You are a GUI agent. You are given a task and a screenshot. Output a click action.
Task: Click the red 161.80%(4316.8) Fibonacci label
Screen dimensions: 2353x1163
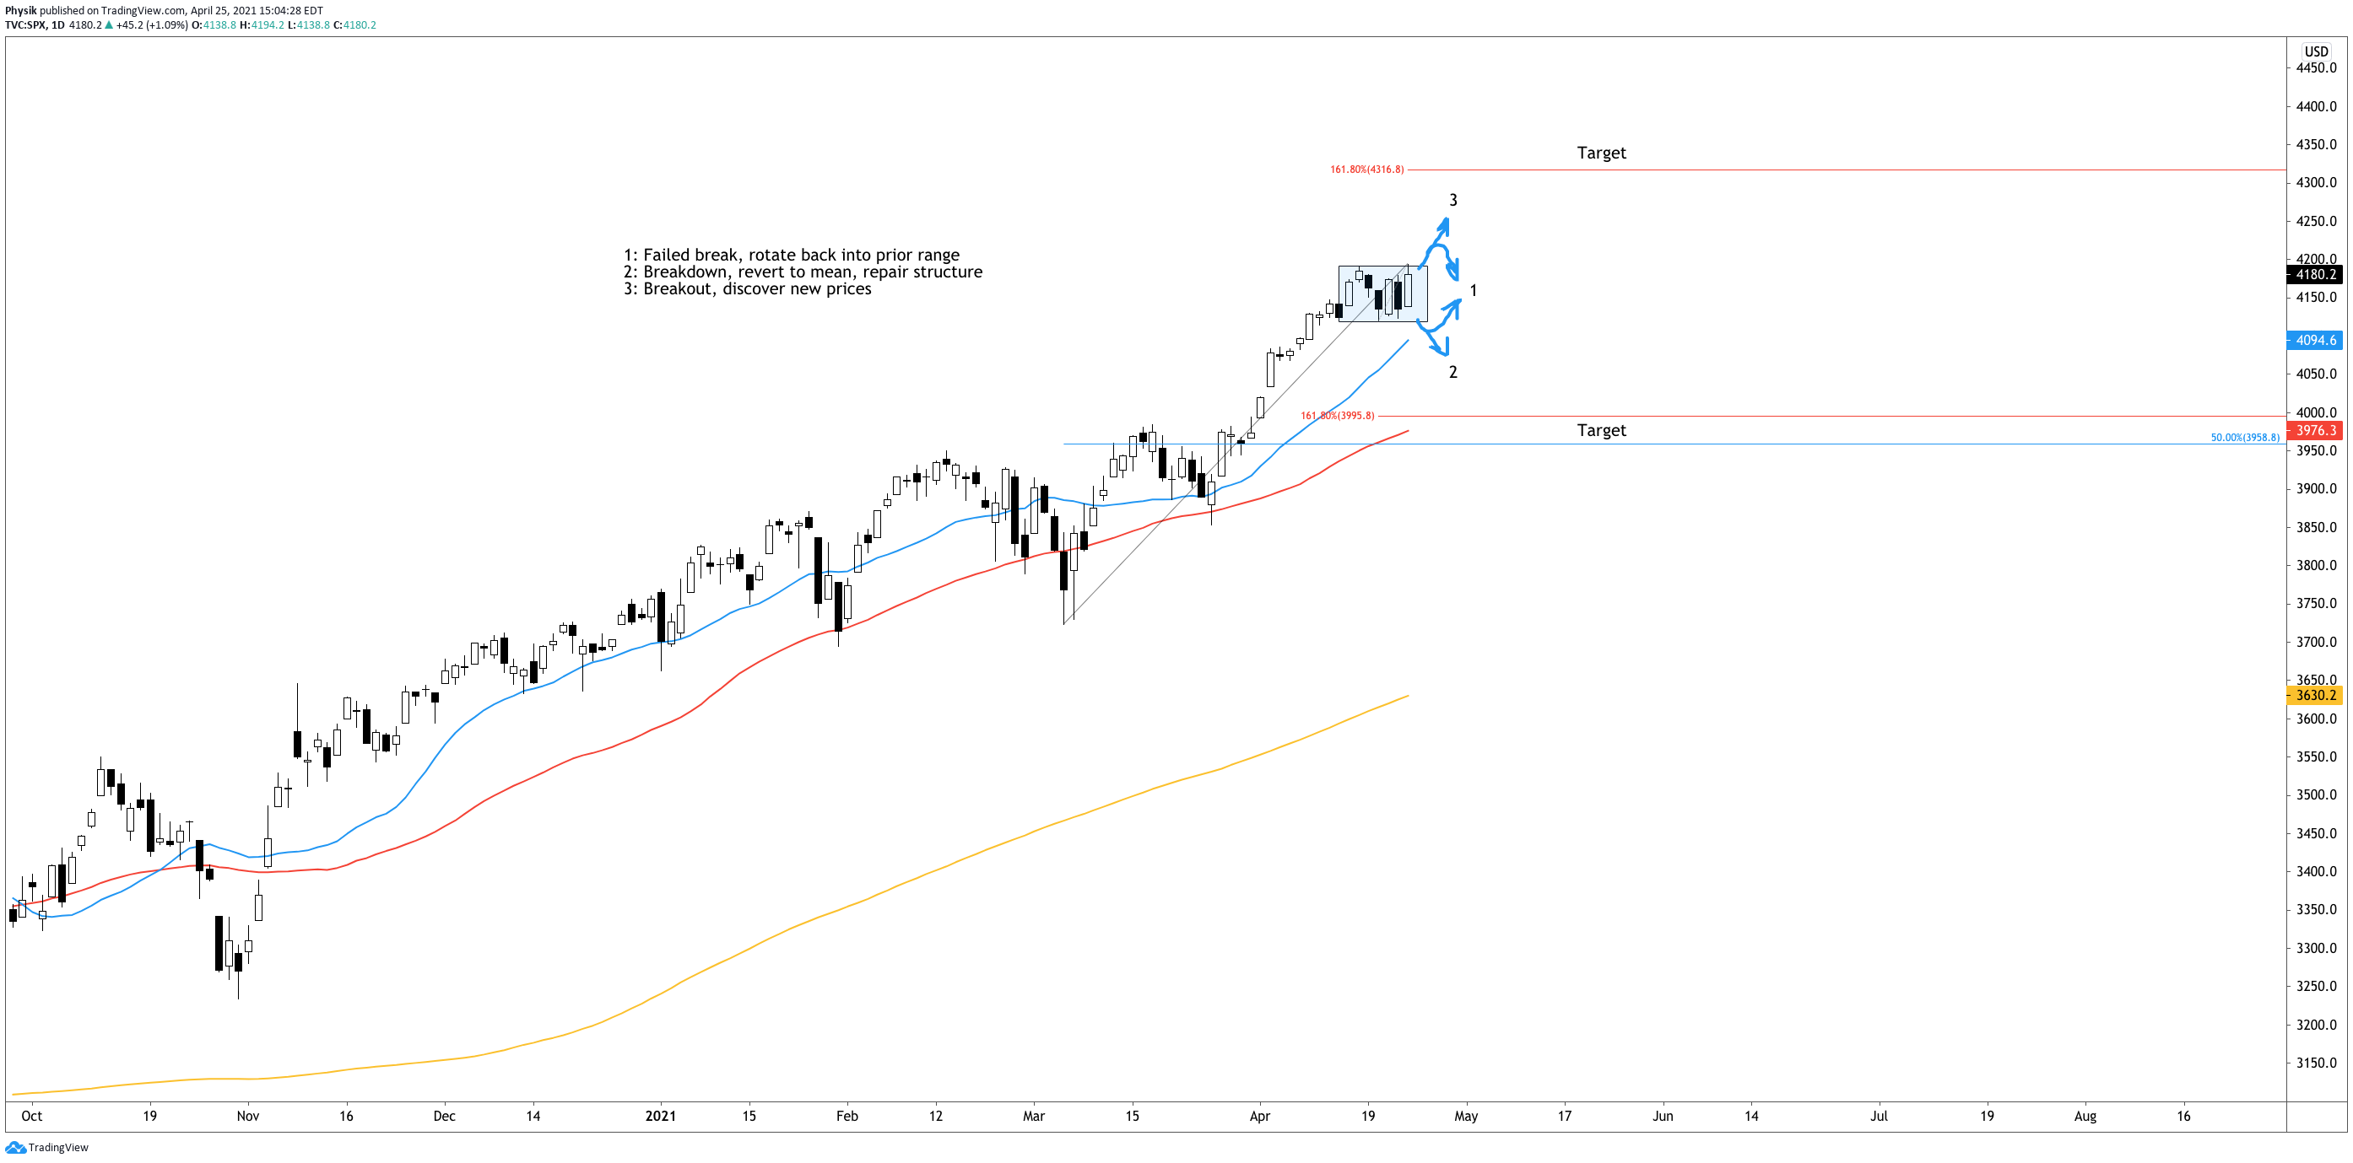(x=1366, y=169)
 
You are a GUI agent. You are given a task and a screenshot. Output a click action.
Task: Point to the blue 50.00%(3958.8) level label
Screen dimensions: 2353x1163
(x=2244, y=437)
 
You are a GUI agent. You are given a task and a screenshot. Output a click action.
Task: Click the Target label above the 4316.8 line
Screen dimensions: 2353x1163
(x=1601, y=153)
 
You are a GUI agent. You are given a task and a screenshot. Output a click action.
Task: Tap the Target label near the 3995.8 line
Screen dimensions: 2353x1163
(x=1601, y=430)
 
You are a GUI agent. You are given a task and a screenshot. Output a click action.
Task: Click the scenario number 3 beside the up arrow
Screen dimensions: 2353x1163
(x=1453, y=200)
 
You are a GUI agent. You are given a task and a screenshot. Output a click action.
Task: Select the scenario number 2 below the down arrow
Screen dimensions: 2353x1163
(x=1453, y=372)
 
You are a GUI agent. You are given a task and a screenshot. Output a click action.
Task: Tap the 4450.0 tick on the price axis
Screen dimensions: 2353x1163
(x=2317, y=67)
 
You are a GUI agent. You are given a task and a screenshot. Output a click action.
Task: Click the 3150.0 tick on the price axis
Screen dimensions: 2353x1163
(x=2317, y=1063)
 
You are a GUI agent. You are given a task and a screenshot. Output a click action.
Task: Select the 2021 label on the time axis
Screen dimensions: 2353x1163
(x=661, y=1116)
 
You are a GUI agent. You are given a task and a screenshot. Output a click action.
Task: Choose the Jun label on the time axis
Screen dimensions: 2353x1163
(x=1663, y=1116)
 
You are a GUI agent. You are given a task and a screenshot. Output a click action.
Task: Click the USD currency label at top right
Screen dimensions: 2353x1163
(x=2317, y=51)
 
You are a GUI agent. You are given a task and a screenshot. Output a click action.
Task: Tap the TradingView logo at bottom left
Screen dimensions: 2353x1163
(x=47, y=1148)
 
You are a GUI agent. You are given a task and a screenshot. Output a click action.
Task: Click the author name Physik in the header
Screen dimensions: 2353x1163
(x=21, y=11)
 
